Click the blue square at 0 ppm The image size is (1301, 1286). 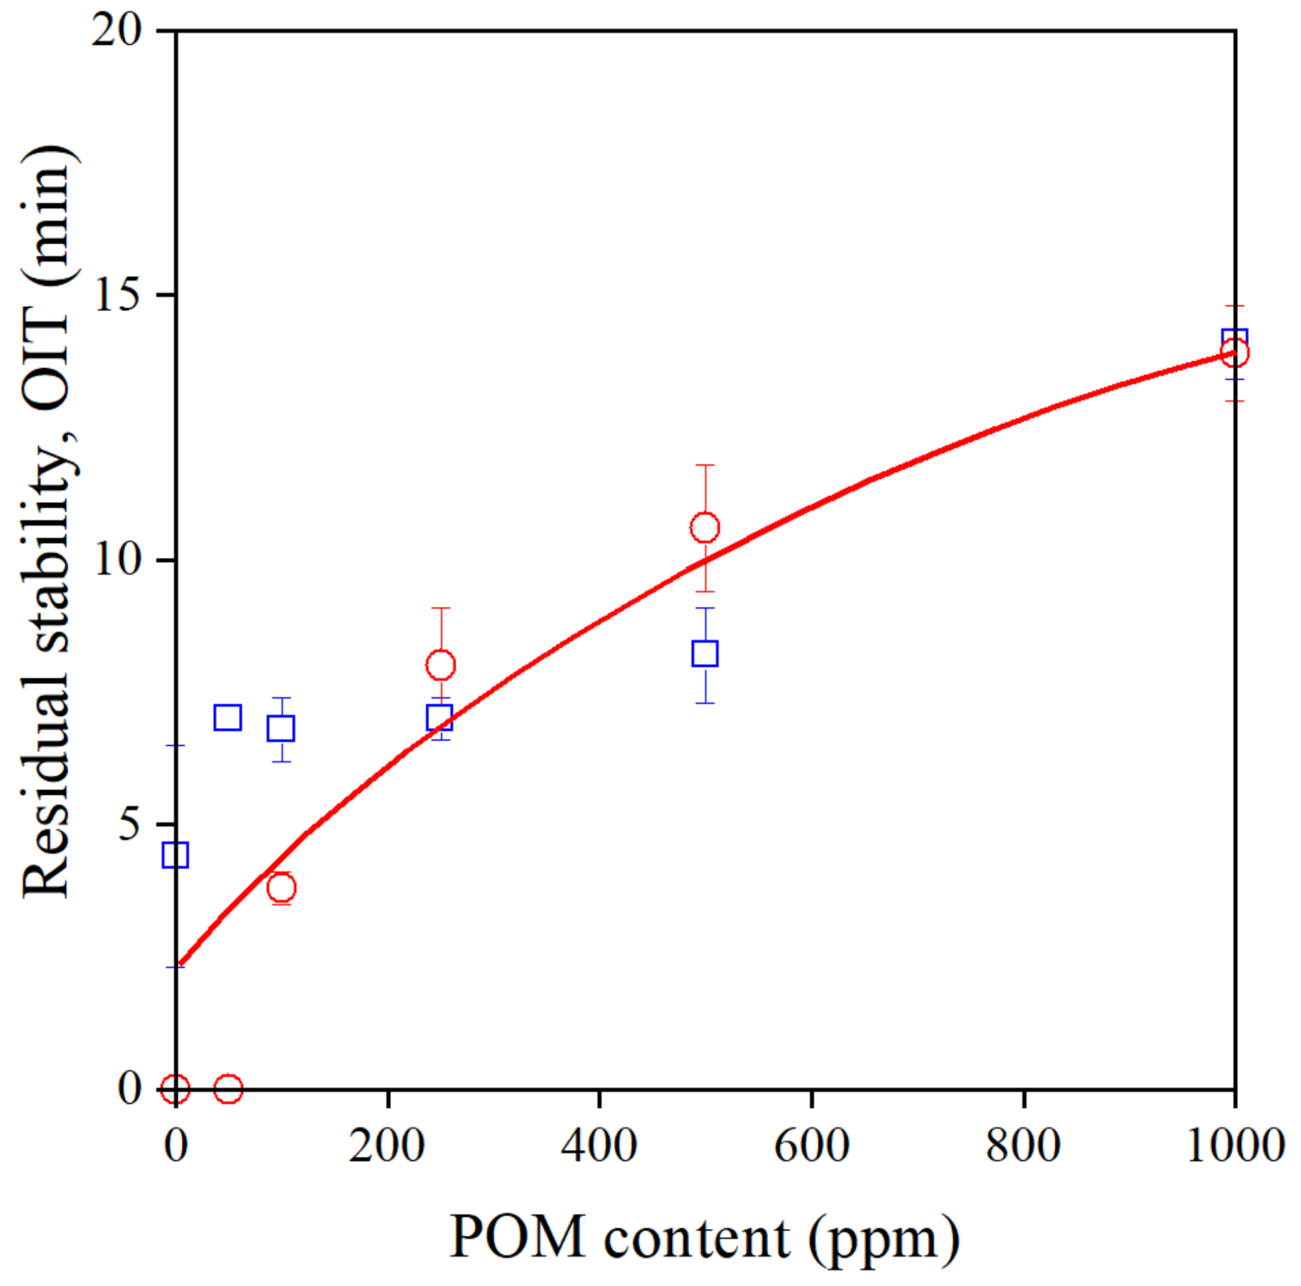pyautogui.click(x=175, y=855)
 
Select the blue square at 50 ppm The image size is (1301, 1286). pyautogui.click(x=228, y=718)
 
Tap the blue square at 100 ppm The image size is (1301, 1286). pyautogui.click(x=281, y=729)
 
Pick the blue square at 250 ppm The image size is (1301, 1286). pyautogui.click(x=439, y=718)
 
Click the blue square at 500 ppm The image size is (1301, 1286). pyautogui.click(x=705, y=653)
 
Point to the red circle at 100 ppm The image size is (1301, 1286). pyautogui.click(x=281, y=888)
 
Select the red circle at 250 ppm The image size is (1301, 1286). pyautogui.click(x=440, y=665)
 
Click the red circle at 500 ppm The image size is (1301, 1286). pyautogui.click(x=705, y=527)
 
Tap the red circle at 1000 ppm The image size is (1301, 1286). pyautogui.click(x=1234, y=353)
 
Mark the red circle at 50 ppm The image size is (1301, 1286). pyautogui.click(x=228, y=1088)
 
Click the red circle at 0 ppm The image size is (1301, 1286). pyautogui.click(x=175, y=1088)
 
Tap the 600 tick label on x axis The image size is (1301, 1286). pyautogui.click(x=812, y=1146)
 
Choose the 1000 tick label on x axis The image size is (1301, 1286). pyautogui.click(x=1234, y=1146)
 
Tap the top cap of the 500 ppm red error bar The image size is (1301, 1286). pyautogui.click(x=705, y=465)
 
